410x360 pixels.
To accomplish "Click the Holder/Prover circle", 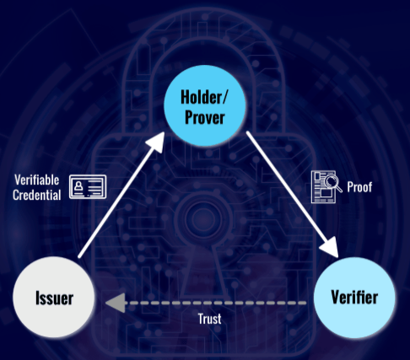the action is (205, 105).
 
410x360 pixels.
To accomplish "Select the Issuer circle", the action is (54, 297).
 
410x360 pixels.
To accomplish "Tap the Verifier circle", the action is (354, 297).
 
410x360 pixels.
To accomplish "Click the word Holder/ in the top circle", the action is (203, 97).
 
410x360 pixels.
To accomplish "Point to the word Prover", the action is (205, 117).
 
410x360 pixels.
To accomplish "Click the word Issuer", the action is (54, 298).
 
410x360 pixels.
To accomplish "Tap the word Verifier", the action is (354, 297).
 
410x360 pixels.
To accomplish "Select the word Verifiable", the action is (37, 180).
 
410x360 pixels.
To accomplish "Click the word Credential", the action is (37, 195).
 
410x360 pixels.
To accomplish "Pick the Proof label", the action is (359, 187).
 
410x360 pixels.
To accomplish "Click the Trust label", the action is (209, 319).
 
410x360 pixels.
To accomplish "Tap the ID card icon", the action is (88, 186).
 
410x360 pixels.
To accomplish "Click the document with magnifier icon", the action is (326, 186).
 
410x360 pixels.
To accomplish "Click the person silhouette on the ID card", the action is (78, 185).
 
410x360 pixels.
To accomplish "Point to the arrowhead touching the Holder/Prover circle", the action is (157, 142).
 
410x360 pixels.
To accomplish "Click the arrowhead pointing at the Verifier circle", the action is (331, 246).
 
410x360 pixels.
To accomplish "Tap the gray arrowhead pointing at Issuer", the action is (116, 303).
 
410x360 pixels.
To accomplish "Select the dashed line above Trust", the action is (215, 303).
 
